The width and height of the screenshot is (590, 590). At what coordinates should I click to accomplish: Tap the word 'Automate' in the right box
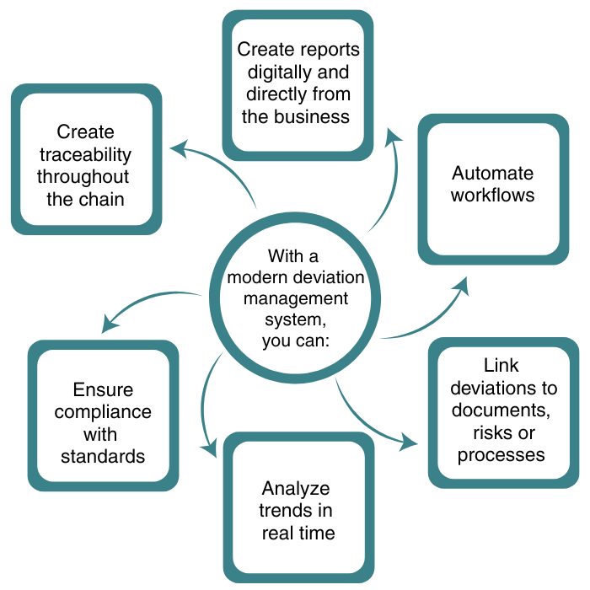492,174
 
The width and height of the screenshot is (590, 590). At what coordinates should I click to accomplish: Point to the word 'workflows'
492,196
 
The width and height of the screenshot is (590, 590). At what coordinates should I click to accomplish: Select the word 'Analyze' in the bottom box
295,489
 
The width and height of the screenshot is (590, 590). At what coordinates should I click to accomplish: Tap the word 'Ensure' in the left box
102,390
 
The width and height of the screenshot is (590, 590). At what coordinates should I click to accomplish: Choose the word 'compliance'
102,412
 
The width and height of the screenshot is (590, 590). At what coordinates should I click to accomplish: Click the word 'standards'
102,456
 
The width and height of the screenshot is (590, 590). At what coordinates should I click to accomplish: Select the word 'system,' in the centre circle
294,321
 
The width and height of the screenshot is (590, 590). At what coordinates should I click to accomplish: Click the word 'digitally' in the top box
271,72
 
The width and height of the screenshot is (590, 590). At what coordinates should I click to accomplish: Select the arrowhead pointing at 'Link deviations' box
410,441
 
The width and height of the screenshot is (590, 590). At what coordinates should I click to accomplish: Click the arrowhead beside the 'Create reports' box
393,137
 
